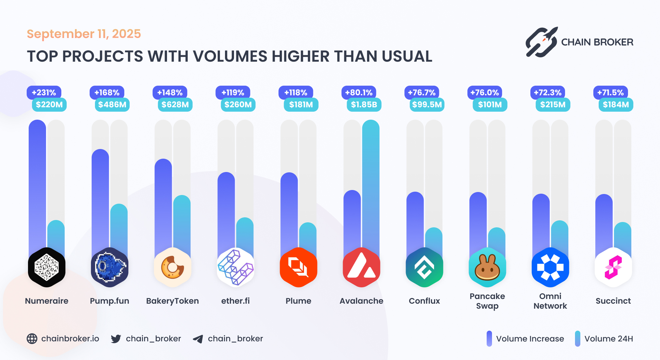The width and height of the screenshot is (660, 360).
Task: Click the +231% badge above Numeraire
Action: pyautogui.click(x=44, y=92)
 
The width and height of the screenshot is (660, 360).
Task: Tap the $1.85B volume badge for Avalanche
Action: pyautogui.click(x=364, y=105)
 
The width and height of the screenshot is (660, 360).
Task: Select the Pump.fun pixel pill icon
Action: pyautogui.click(x=110, y=267)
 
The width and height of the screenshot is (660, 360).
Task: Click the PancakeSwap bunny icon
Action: pyautogui.click(x=487, y=267)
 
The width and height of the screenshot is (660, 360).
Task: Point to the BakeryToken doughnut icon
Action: pyautogui.click(x=173, y=267)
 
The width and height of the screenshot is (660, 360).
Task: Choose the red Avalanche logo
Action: pyautogui.click(x=361, y=267)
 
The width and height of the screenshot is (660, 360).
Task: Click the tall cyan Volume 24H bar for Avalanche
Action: pyautogui.click(x=371, y=183)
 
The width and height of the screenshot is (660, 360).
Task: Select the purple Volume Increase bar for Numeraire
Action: pyautogui.click(x=37, y=183)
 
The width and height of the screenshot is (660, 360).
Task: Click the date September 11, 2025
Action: pyautogui.click(x=84, y=34)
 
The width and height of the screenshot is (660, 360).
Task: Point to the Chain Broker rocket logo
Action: pyautogui.click(x=541, y=42)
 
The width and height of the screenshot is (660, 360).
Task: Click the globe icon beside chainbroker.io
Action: pyautogui.click(x=32, y=339)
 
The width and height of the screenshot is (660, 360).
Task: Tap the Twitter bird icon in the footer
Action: pyautogui.click(x=116, y=339)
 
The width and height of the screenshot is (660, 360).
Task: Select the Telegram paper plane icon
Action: pyautogui.click(x=198, y=339)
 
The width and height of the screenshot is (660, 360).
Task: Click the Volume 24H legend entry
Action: pyautogui.click(x=604, y=339)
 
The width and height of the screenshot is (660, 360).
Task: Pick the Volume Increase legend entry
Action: pyautogui.click(x=525, y=339)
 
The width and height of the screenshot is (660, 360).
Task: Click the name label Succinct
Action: pyautogui.click(x=613, y=301)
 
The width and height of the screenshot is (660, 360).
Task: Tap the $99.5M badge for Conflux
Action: pyautogui.click(x=427, y=105)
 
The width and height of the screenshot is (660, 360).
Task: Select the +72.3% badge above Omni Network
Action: pyautogui.click(x=547, y=92)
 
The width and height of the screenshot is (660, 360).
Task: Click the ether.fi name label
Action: pyautogui.click(x=235, y=301)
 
